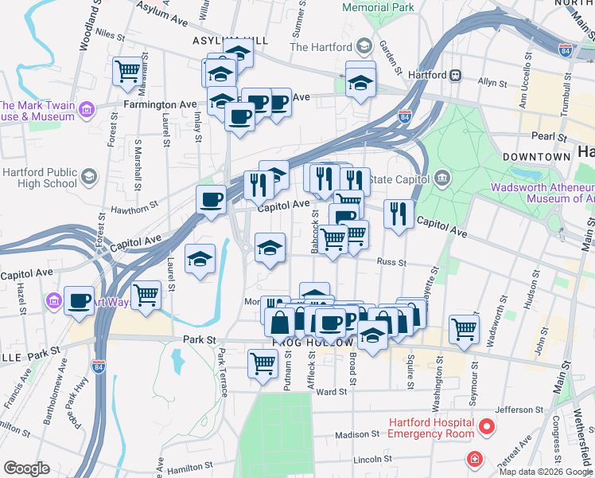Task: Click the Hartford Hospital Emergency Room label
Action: [x=430, y=428]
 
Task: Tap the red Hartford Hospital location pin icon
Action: [x=485, y=428]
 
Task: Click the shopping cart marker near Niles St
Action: [x=127, y=72]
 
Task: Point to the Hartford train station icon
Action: [x=457, y=75]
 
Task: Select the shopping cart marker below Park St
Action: [x=262, y=364]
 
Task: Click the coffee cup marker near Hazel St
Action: [x=79, y=301]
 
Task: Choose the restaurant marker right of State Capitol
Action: [x=398, y=214]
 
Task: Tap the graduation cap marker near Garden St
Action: [x=360, y=81]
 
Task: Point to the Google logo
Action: [x=25, y=468]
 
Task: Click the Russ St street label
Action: [x=391, y=261]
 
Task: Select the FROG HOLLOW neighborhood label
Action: [x=312, y=343]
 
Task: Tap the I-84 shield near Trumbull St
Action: [x=566, y=49]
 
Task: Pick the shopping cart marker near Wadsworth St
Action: [x=464, y=327]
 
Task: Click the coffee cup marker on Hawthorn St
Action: [x=212, y=199]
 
